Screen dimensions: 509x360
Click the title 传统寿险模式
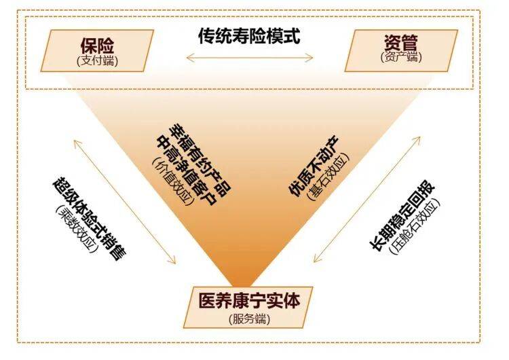249,36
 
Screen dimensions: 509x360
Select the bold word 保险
97,46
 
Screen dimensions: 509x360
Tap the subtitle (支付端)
97,60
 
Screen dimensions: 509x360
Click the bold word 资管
401,42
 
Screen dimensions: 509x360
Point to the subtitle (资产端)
401,57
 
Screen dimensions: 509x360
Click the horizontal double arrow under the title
250,58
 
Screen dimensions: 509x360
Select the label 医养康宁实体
249,301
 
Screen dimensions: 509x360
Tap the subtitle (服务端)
249,319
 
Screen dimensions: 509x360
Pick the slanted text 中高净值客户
187,170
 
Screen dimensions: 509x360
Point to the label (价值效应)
173,181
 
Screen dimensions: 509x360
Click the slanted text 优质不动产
314,166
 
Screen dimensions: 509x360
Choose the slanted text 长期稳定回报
402,215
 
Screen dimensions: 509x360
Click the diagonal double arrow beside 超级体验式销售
125,202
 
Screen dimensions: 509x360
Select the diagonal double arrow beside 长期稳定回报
366,200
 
